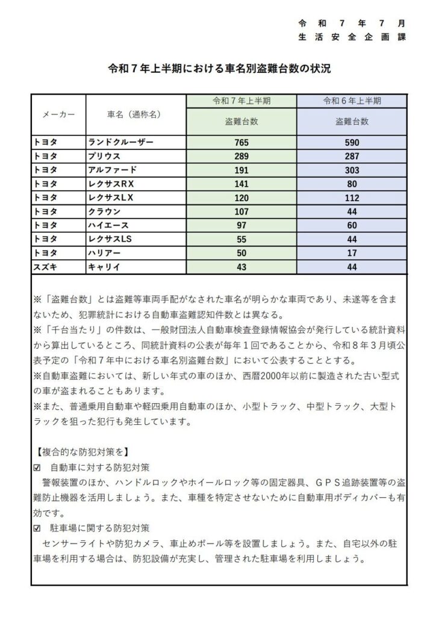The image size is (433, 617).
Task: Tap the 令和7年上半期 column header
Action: point(241,101)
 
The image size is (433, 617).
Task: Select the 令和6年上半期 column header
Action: point(352,101)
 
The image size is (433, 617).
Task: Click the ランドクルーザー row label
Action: point(121,142)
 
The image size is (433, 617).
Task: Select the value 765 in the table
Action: point(241,143)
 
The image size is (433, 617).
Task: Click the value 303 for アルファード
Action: point(352,170)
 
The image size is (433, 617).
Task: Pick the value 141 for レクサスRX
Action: point(241,184)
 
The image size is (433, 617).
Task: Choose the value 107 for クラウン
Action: point(241,211)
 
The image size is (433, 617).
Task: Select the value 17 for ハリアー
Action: point(352,253)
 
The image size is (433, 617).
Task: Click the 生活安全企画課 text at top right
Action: point(352,36)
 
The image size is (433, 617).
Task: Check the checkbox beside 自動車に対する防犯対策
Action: point(37,467)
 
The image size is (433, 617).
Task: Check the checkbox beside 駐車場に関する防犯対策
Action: point(37,527)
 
